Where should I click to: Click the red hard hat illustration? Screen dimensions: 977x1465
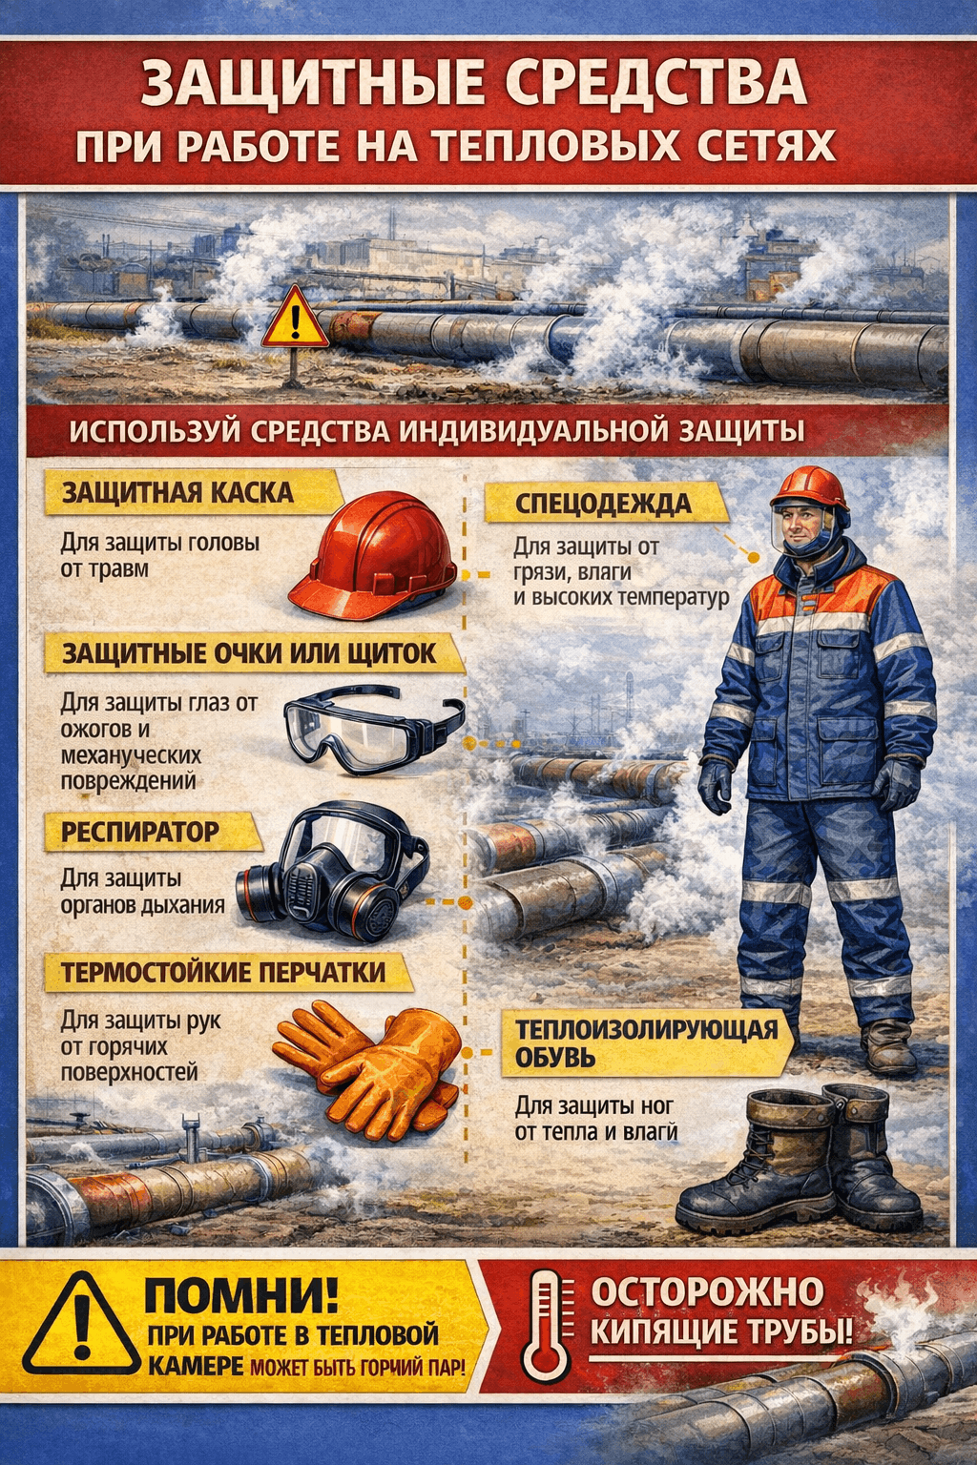click(373, 556)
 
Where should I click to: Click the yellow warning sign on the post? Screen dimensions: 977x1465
click(295, 318)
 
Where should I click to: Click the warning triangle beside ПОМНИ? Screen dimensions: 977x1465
click(82, 1325)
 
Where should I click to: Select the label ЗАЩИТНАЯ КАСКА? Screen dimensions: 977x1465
click(177, 493)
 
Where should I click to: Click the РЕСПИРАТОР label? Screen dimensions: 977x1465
click(140, 832)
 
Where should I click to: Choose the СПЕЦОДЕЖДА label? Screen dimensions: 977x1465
click(603, 505)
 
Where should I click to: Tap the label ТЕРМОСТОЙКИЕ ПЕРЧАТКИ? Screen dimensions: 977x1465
click(223, 973)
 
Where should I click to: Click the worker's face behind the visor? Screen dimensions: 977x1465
click(802, 526)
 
